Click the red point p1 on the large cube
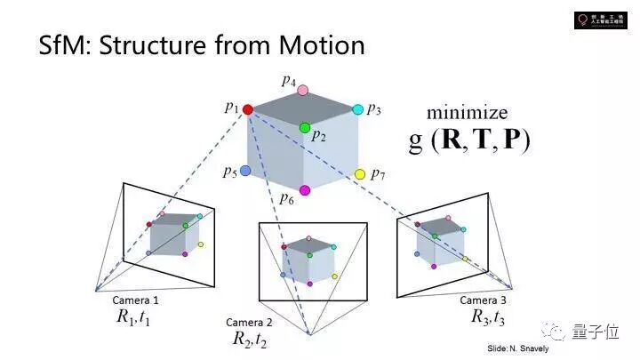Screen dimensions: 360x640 pos(247,109)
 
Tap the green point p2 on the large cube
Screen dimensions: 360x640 pos(305,128)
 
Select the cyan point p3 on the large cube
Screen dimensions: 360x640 pos(357,109)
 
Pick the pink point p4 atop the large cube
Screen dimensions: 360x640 pos(302,90)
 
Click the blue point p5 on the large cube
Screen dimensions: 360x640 pos(245,170)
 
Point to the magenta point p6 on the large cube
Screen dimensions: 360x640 pos(305,190)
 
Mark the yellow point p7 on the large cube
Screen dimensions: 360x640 pos(360,174)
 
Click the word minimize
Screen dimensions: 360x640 pos(467,113)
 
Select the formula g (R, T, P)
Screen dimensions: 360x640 pos(468,140)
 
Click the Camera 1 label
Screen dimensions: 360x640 pos(136,300)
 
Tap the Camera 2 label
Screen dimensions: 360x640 pos(249,322)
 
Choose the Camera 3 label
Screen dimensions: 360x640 pos(484,300)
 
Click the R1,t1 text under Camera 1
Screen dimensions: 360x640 pos(133,316)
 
